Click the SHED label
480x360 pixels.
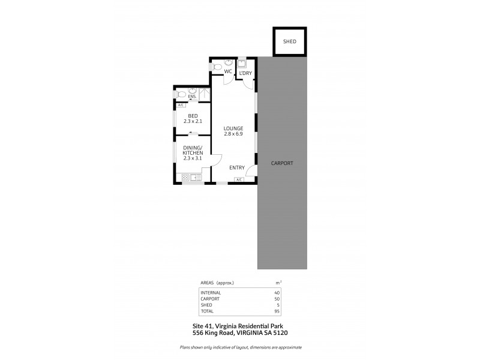click(x=290, y=42)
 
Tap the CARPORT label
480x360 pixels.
click(x=281, y=163)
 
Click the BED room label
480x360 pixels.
click(x=193, y=116)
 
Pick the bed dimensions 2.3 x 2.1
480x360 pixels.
click(x=193, y=122)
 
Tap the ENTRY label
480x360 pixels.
click(x=237, y=168)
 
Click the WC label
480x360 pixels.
click(x=228, y=72)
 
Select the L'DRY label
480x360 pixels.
click(x=245, y=74)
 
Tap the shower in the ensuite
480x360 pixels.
click(x=205, y=94)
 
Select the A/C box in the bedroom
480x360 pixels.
click(x=181, y=106)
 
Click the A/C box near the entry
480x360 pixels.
click(x=239, y=179)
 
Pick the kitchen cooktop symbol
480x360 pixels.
click(x=185, y=178)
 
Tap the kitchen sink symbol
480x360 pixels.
click(x=196, y=177)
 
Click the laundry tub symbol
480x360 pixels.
click(x=242, y=63)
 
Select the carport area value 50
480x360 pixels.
click(x=277, y=298)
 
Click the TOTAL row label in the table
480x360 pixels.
click(x=208, y=311)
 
